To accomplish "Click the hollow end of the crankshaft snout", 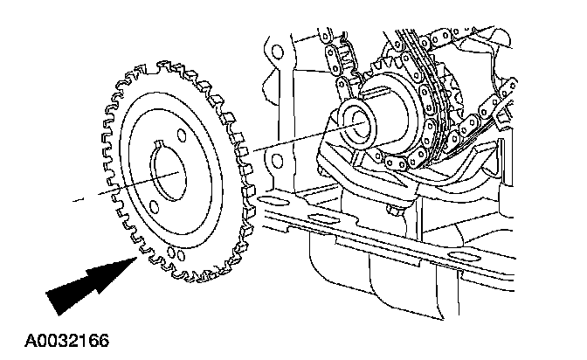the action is [356, 117].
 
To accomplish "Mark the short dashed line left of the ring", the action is [79, 200].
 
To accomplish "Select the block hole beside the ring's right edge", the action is [278, 160].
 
